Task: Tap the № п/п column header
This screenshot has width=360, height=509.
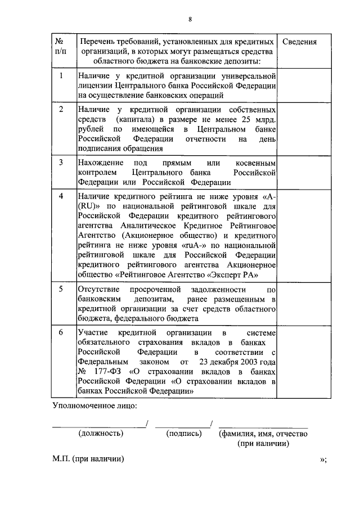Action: (60, 47)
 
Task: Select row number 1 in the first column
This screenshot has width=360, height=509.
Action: (60, 75)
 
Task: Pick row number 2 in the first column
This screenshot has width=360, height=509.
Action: (60, 109)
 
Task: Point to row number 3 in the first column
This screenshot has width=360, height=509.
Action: (60, 162)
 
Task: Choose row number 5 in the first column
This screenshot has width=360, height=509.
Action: (60, 289)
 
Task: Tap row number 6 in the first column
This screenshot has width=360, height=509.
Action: (60, 332)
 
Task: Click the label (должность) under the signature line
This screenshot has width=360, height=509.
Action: (101, 433)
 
